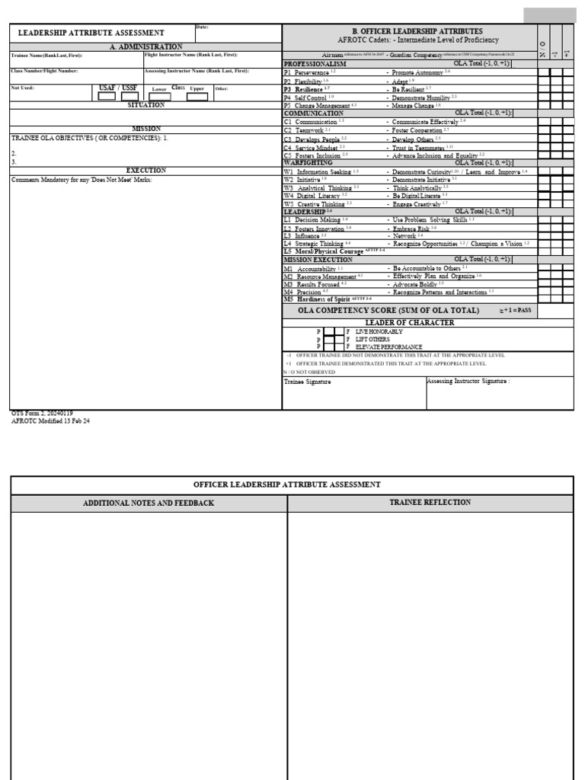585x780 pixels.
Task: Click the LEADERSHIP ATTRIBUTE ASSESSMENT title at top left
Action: [91, 33]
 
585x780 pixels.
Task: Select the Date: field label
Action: [203, 27]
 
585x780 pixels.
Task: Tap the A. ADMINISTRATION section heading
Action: [145, 46]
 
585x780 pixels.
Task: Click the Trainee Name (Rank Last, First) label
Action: [46, 55]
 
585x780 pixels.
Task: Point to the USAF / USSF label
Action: [118, 88]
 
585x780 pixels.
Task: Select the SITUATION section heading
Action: [145, 105]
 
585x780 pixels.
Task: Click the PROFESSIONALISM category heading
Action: [315, 64]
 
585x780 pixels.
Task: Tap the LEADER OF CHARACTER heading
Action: [410, 323]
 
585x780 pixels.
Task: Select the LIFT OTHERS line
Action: [372, 339]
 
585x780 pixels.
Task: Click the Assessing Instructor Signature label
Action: [468, 381]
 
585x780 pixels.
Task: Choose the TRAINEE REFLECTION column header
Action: [430, 503]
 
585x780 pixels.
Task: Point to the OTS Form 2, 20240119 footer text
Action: [42, 413]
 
